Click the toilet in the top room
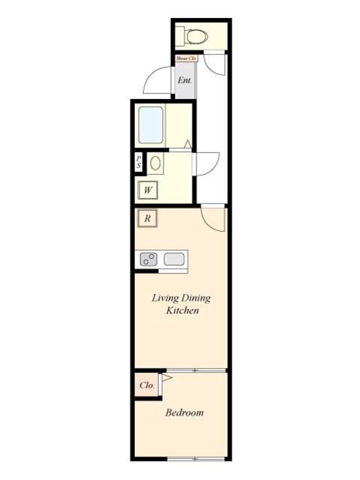pyautogui.click(x=196, y=34)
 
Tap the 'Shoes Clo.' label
pyautogui.click(x=184, y=57)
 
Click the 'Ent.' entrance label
pyautogui.click(x=184, y=80)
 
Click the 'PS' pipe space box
pyautogui.click(x=139, y=163)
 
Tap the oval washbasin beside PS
pyautogui.click(x=155, y=163)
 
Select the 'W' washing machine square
pyautogui.click(x=148, y=190)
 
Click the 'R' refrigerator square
pyautogui.click(x=148, y=219)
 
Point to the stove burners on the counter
pyautogui.click(x=149, y=260)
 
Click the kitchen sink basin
pyautogui.click(x=175, y=260)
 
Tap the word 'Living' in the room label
pyautogui.click(x=166, y=298)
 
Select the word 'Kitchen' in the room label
pyautogui.click(x=181, y=310)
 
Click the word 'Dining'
pyautogui.click(x=196, y=298)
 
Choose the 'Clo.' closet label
pyautogui.click(x=147, y=385)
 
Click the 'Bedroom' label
pyautogui.click(x=184, y=412)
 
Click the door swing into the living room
pyautogui.click(x=213, y=217)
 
